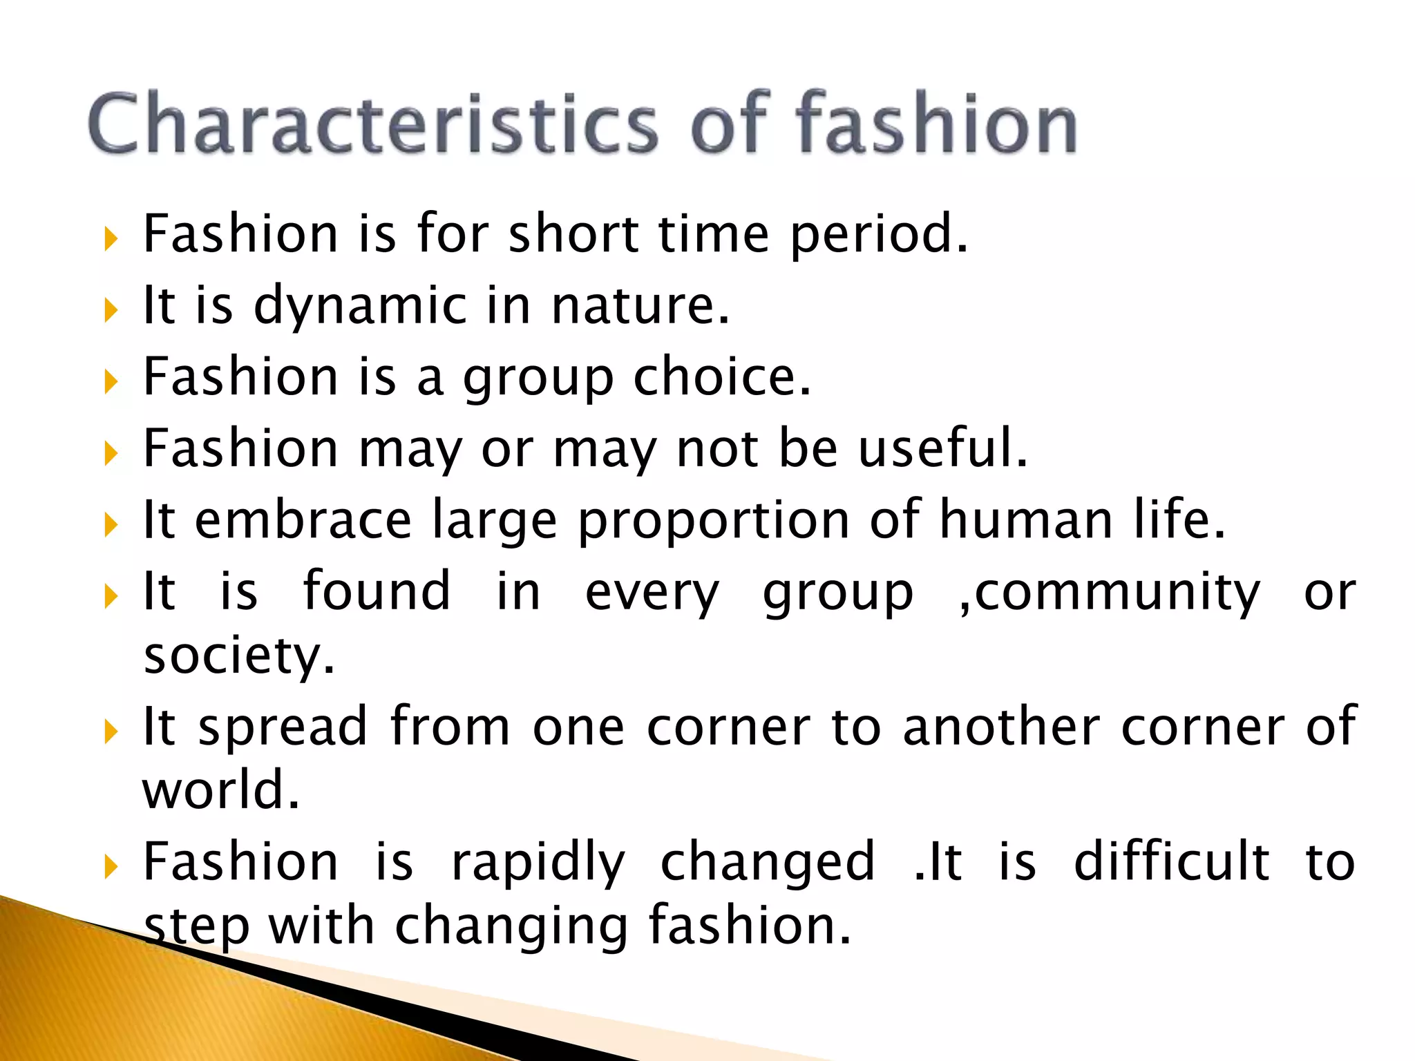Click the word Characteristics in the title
tap(373, 124)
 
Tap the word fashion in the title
tap(936, 124)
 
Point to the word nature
tap(639, 306)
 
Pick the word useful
tap(943, 449)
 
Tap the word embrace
tap(303, 520)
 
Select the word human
tap(1026, 520)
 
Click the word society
tap(239, 656)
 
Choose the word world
tap(221, 790)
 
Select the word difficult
tap(1172, 862)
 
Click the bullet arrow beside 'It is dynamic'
tap(111, 310)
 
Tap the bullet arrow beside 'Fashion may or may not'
tap(111, 453)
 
